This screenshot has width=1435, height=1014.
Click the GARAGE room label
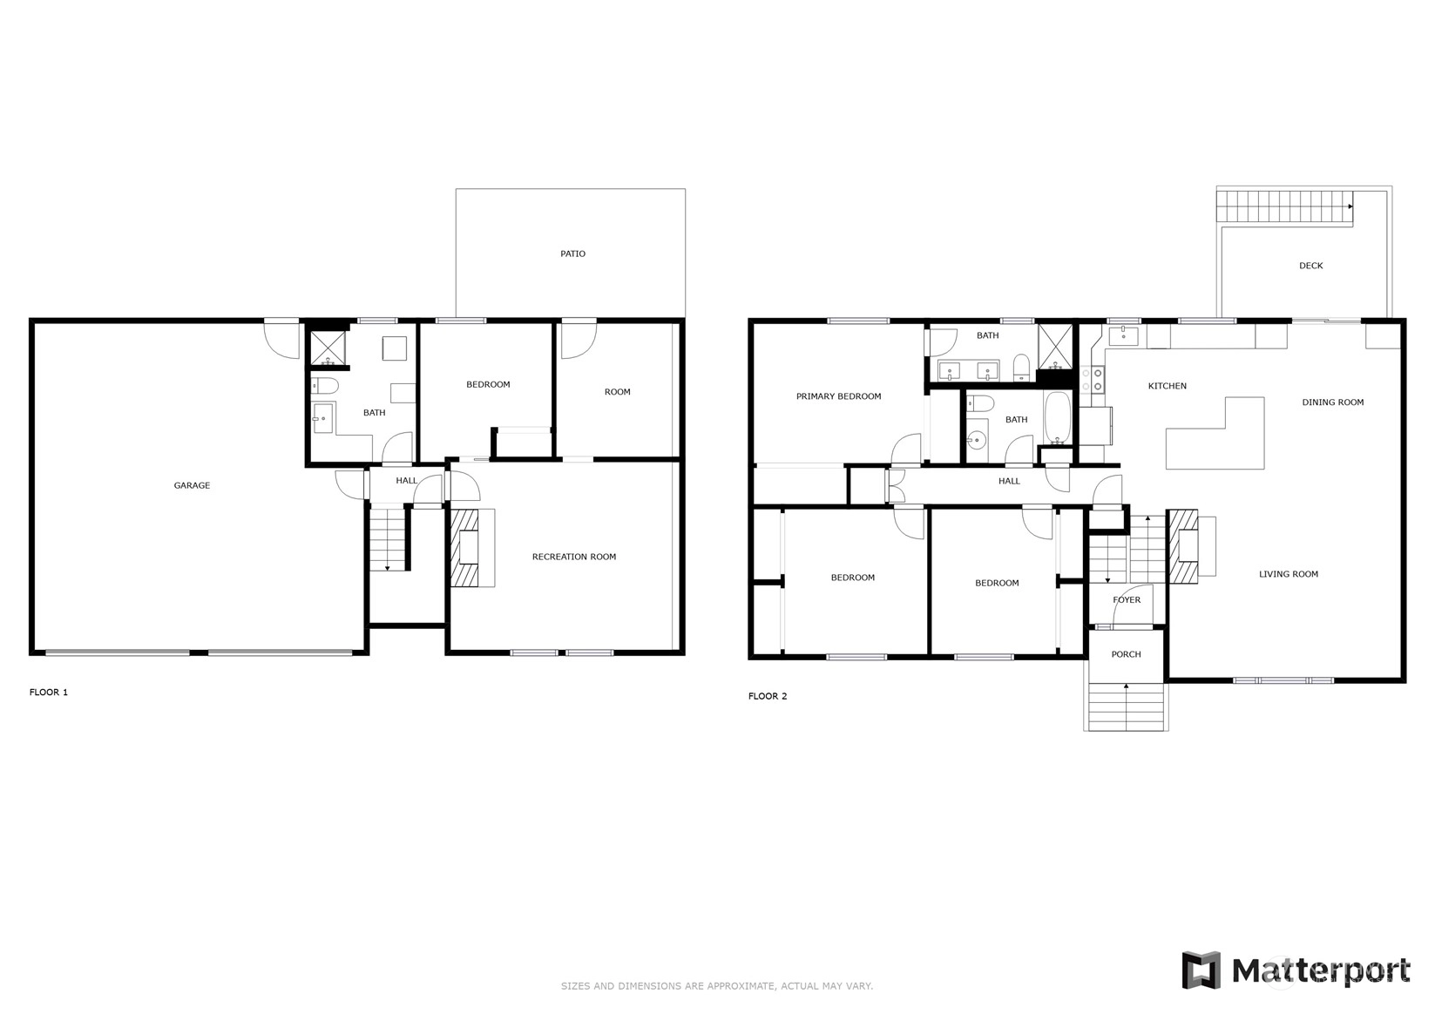pos(192,485)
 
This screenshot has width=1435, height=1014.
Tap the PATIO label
pos(572,253)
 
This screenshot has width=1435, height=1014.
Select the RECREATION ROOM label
pos(574,557)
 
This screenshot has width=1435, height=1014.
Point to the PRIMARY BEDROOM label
pos(838,396)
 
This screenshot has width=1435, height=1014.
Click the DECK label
pos(1310,266)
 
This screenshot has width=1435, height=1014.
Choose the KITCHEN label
pos(1168,386)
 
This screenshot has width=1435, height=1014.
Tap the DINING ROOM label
pos(1332,402)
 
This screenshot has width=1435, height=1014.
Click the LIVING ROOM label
pos(1289,574)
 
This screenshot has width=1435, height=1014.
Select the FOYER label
pos(1127,600)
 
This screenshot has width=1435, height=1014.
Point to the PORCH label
pos(1126,654)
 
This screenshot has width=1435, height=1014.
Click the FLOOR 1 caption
pos(49,692)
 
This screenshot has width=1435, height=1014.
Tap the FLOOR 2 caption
pos(768,696)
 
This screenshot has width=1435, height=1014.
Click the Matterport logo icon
pos(1201,970)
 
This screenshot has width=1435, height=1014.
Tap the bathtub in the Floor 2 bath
pos(1057,417)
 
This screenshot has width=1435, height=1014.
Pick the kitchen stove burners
pos(1093,379)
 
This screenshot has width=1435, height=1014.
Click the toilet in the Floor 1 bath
pos(325,386)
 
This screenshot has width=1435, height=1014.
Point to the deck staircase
pos(1285,208)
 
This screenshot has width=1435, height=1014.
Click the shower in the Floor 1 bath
pos(328,348)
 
